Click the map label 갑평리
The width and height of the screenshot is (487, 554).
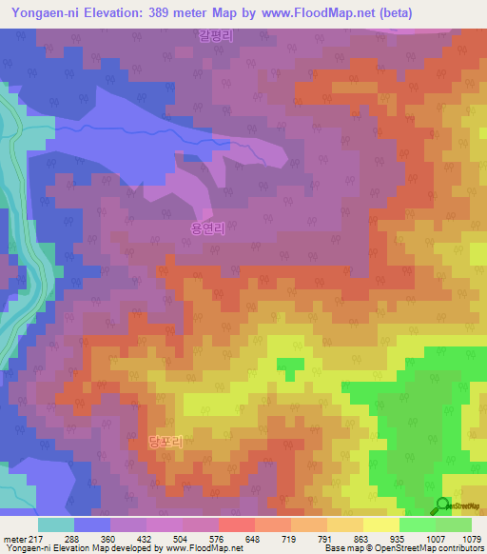click(x=217, y=35)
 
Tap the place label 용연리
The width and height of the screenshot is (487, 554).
click(x=206, y=228)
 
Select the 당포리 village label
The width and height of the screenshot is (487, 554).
click(x=165, y=442)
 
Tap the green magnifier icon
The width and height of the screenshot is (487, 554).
click(x=443, y=505)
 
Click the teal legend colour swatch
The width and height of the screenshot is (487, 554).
click(x=56, y=524)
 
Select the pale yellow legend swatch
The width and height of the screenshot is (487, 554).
click(x=381, y=524)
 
